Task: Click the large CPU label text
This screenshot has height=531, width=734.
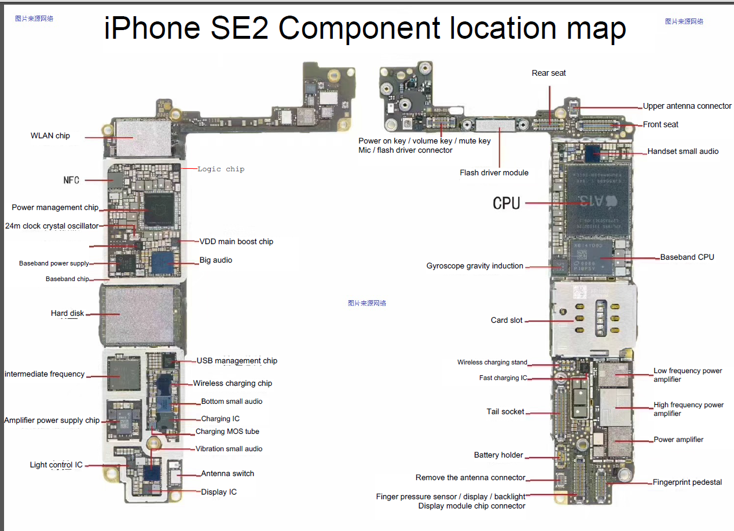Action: coord(507,203)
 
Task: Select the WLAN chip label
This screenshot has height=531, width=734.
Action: coord(50,136)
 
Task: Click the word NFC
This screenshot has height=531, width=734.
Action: coord(71,180)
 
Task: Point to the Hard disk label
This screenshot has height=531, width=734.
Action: coord(67,314)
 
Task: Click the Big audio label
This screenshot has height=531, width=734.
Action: coord(216,260)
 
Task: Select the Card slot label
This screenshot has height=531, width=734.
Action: coord(507,320)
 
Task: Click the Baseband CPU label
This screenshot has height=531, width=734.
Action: coord(687,257)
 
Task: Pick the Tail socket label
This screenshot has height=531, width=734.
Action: coord(505,412)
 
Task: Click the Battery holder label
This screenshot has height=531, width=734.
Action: coord(498,455)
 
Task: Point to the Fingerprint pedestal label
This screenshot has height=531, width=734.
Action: coord(687,482)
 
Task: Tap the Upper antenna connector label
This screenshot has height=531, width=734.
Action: coord(687,106)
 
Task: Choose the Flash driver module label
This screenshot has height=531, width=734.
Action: coord(494,172)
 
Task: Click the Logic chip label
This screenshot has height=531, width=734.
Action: coord(221,169)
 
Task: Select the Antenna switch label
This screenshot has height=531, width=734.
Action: coord(227,474)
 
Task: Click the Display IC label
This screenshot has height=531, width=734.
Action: coord(219,492)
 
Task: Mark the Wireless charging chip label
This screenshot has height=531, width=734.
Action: coord(232,384)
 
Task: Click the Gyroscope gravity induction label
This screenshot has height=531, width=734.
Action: coord(475,266)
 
